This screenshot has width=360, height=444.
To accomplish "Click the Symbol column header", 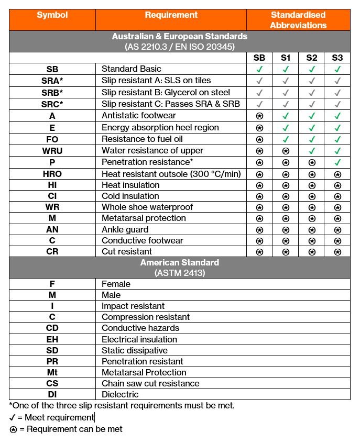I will pos(52,15).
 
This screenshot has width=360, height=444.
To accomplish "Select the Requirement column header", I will pos(171,15).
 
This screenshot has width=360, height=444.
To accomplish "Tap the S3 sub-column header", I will pos(337,58).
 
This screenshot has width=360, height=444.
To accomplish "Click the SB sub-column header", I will pos(259,58).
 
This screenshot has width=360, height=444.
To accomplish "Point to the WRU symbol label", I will pos(52,150).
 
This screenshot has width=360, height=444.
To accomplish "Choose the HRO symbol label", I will pos(52,174).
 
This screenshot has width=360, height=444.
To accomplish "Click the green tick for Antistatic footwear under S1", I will pos(286,116).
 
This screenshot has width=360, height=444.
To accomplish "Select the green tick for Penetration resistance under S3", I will pos(337,162).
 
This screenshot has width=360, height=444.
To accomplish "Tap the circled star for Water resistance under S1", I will pos(286,151).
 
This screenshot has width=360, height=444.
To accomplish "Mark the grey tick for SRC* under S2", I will pos(312,104).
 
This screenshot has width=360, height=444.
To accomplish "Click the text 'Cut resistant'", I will pos(127,251).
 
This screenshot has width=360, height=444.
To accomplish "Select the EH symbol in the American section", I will pos(52,339).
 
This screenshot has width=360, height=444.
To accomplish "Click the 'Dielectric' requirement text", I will pos(120,394).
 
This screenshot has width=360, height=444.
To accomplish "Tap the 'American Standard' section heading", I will pos(180,262).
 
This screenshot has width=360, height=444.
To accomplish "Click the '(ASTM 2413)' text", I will pos(180,273).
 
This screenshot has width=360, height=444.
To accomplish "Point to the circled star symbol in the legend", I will pos(14,429).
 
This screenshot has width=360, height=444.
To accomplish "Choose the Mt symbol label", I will pos(52,372).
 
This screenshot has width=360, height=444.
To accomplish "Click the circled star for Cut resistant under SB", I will pos(259,252).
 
